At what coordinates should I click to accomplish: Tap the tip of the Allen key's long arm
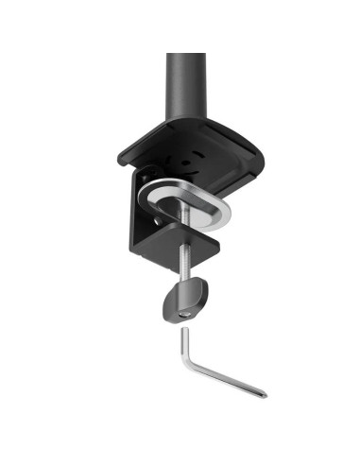pos(265,392)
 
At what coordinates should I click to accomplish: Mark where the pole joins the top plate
pos(186,120)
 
